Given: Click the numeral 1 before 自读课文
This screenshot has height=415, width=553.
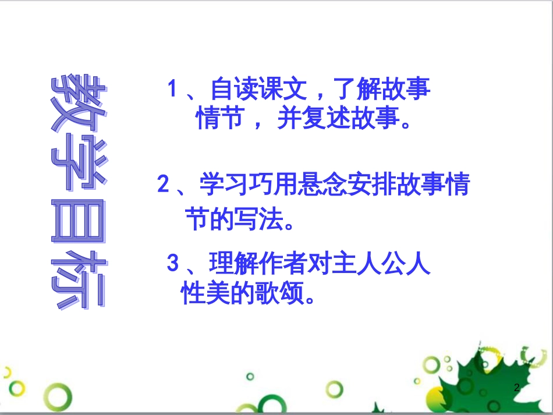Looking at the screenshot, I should point(172,90).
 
